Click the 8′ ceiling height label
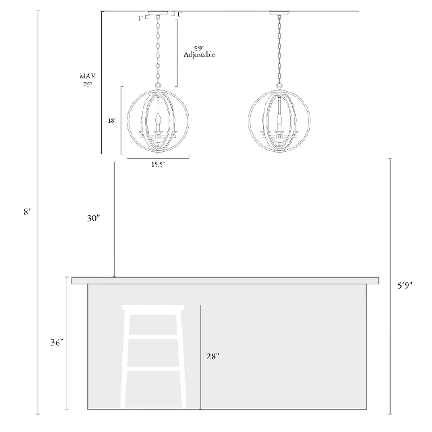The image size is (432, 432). pyautogui.click(x=27, y=212)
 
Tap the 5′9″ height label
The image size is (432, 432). pyautogui.click(x=405, y=285)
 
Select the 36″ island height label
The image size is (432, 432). pyautogui.click(x=57, y=342)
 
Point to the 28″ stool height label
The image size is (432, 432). pyautogui.click(x=213, y=356)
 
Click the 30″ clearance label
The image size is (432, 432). pyautogui.click(x=93, y=218)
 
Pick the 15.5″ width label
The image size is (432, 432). pyautogui.click(x=158, y=165)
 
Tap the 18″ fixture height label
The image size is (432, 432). pyautogui.click(x=112, y=120)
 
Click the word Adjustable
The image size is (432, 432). pyautogui.click(x=199, y=54)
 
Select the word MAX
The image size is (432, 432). pyautogui.click(x=88, y=76)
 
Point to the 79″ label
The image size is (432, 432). pyautogui.click(x=87, y=84)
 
